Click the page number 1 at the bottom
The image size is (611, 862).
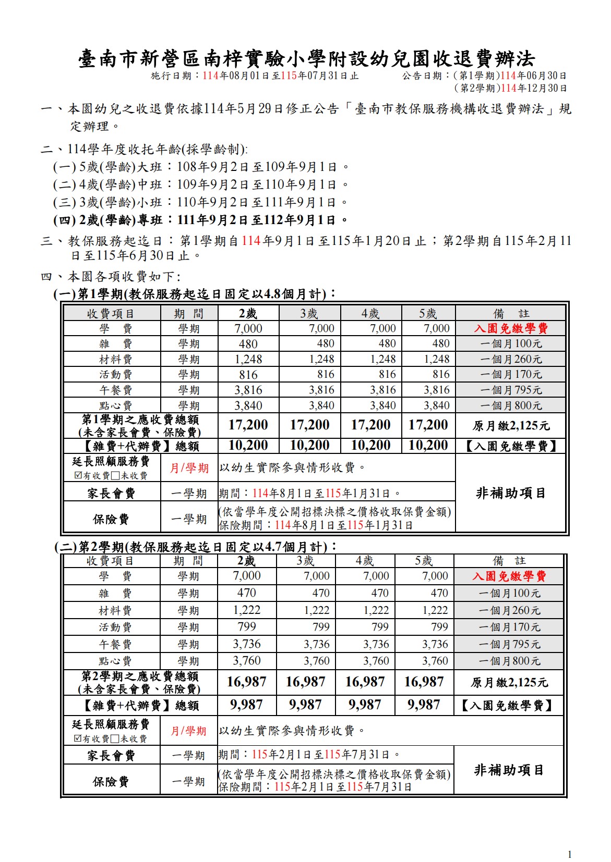click(x=570, y=854)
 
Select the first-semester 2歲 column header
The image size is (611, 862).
click(x=248, y=313)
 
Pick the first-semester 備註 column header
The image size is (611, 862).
click(x=510, y=313)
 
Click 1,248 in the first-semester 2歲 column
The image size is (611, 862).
click(x=248, y=359)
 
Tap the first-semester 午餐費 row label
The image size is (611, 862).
click(x=115, y=390)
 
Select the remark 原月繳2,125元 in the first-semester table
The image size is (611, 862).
click(x=510, y=426)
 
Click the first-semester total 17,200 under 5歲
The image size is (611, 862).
click(x=428, y=425)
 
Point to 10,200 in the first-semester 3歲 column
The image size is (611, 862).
click(x=309, y=446)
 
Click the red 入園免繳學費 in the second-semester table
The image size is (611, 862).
click(x=509, y=576)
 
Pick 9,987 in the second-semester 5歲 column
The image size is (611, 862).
click(x=424, y=705)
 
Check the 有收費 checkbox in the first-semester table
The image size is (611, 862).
click(x=79, y=475)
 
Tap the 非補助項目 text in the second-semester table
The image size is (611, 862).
click(x=509, y=770)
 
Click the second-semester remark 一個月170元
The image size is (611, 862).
click(x=509, y=627)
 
